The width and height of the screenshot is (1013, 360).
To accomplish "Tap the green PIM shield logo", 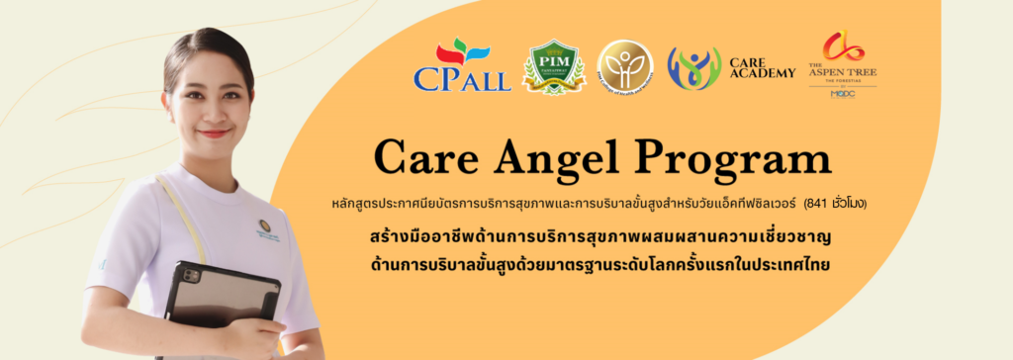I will [x=552, y=68].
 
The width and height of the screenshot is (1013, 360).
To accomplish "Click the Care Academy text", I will [x=762, y=67].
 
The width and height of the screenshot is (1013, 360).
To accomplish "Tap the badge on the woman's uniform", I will [x=265, y=227].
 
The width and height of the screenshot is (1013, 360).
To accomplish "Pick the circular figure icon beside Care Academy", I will [x=693, y=68].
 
